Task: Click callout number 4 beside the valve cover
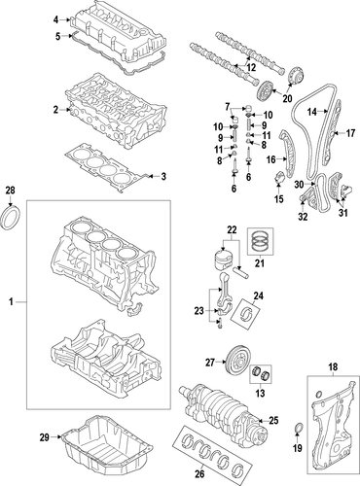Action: pos(56,19)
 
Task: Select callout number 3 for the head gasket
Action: pos(163,177)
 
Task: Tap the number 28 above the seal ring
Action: pos(11,190)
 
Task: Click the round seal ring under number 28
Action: pos(12,217)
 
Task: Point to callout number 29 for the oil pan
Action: pos(45,437)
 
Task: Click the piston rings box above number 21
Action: pos(261,242)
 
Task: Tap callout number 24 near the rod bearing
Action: pos(259,295)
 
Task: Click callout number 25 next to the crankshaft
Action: pos(274,421)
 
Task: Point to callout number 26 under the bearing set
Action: pos(200,474)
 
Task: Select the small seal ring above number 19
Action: pos(299,428)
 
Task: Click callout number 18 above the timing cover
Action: pos(333,367)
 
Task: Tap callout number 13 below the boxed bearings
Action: pos(260,393)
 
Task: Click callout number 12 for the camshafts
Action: pos(251,67)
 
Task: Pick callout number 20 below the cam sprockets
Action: pos(287,98)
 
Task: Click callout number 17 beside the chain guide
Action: pos(350,133)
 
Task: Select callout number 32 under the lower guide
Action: pos(303,217)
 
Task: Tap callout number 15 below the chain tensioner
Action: pos(279,198)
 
